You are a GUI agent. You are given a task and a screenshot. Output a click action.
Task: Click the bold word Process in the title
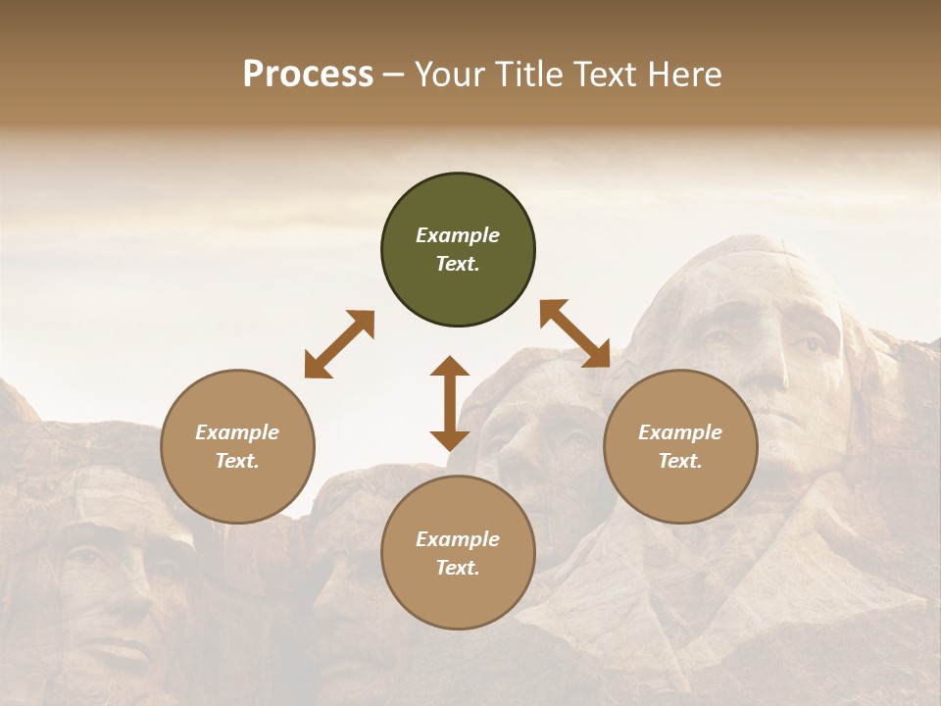click(308, 75)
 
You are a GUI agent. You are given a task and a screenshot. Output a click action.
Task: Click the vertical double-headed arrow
click(450, 404)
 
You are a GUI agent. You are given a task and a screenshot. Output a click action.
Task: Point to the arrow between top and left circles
click(339, 344)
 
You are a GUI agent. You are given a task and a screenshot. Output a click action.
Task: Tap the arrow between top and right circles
click(575, 333)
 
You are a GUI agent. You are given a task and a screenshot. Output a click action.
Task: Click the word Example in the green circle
click(458, 235)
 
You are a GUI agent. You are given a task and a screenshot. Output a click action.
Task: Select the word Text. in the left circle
click(237, 461)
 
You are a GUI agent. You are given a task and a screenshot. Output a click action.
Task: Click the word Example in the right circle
click(680, 431)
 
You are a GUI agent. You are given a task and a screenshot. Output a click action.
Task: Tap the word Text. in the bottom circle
click(458, 568)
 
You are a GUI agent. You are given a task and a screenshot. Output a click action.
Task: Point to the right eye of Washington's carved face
click(812, 344)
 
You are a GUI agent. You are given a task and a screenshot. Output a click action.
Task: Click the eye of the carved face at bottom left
click(88, 556)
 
